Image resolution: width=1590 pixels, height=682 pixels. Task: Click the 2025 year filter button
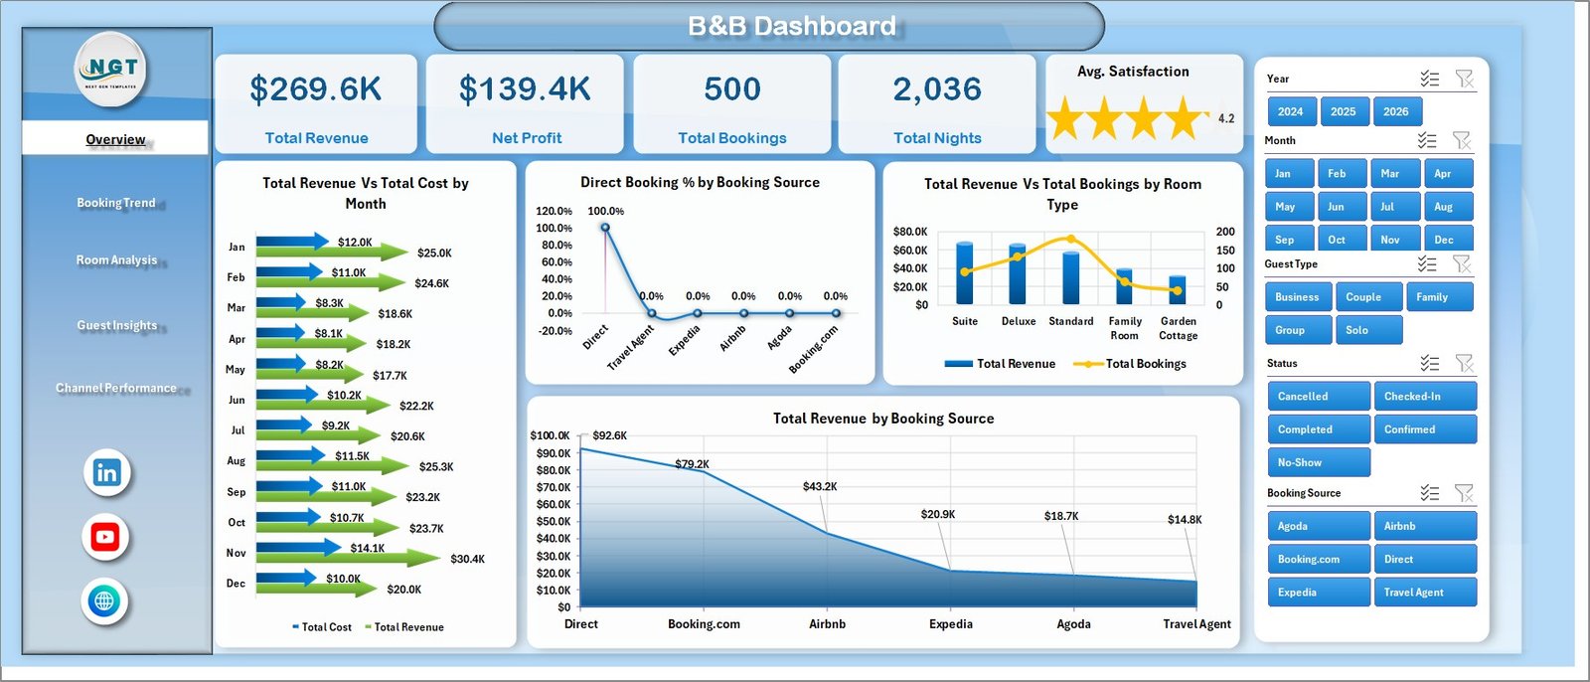tap(1343, 111)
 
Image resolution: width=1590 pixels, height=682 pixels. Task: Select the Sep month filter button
tap(1289, 240)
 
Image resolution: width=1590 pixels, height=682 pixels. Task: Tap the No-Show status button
tap(1318, 462)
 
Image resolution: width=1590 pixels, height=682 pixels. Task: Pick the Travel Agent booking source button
tap(1424, 593)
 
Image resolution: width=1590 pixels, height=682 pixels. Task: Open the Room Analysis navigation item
tap(116, 260)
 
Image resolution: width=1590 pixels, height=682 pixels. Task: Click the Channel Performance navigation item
tap(116, 388)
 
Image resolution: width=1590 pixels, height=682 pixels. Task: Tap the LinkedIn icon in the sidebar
tap(106, 472)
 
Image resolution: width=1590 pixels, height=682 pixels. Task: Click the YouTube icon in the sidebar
tap(105, 537)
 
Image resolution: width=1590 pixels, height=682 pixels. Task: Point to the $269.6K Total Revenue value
tap(315, 89)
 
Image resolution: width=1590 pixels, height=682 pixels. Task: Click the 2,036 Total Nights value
tap(936, 89)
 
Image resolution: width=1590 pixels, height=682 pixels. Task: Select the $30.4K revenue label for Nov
tap(467, 559)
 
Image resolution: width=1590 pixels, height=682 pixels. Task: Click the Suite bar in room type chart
tap(964, 272)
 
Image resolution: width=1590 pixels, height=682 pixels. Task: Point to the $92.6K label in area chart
tap(609, 435)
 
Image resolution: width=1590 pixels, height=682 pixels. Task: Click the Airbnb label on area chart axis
tap(827, 624)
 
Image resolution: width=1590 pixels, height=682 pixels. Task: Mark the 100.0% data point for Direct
tap(604, 228)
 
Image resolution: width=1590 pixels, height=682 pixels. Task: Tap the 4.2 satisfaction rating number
tap(1226, 118)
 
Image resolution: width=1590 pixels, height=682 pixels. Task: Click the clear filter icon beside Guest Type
tap(1461, 263)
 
